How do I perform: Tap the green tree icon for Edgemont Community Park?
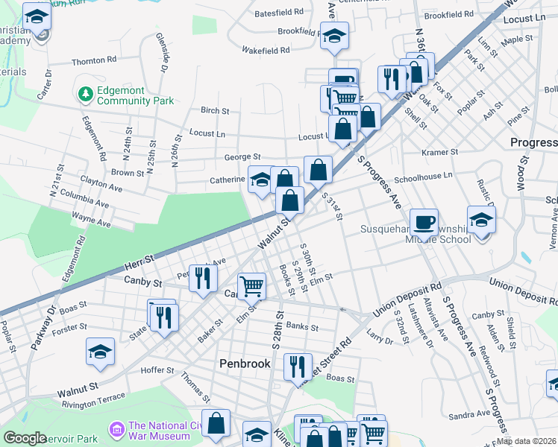click(85, 95)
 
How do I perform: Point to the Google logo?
click(25, 438)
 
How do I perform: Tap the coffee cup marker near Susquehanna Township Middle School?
click(424, 222)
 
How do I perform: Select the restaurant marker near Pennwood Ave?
click(202, 278)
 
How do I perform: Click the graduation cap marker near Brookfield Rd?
click(334, 35)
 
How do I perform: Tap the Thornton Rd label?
click(94, 60)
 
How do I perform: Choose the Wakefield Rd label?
click(266, 51)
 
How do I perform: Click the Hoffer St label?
click(157, 370)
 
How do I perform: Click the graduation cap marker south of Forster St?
click(100, 352)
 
